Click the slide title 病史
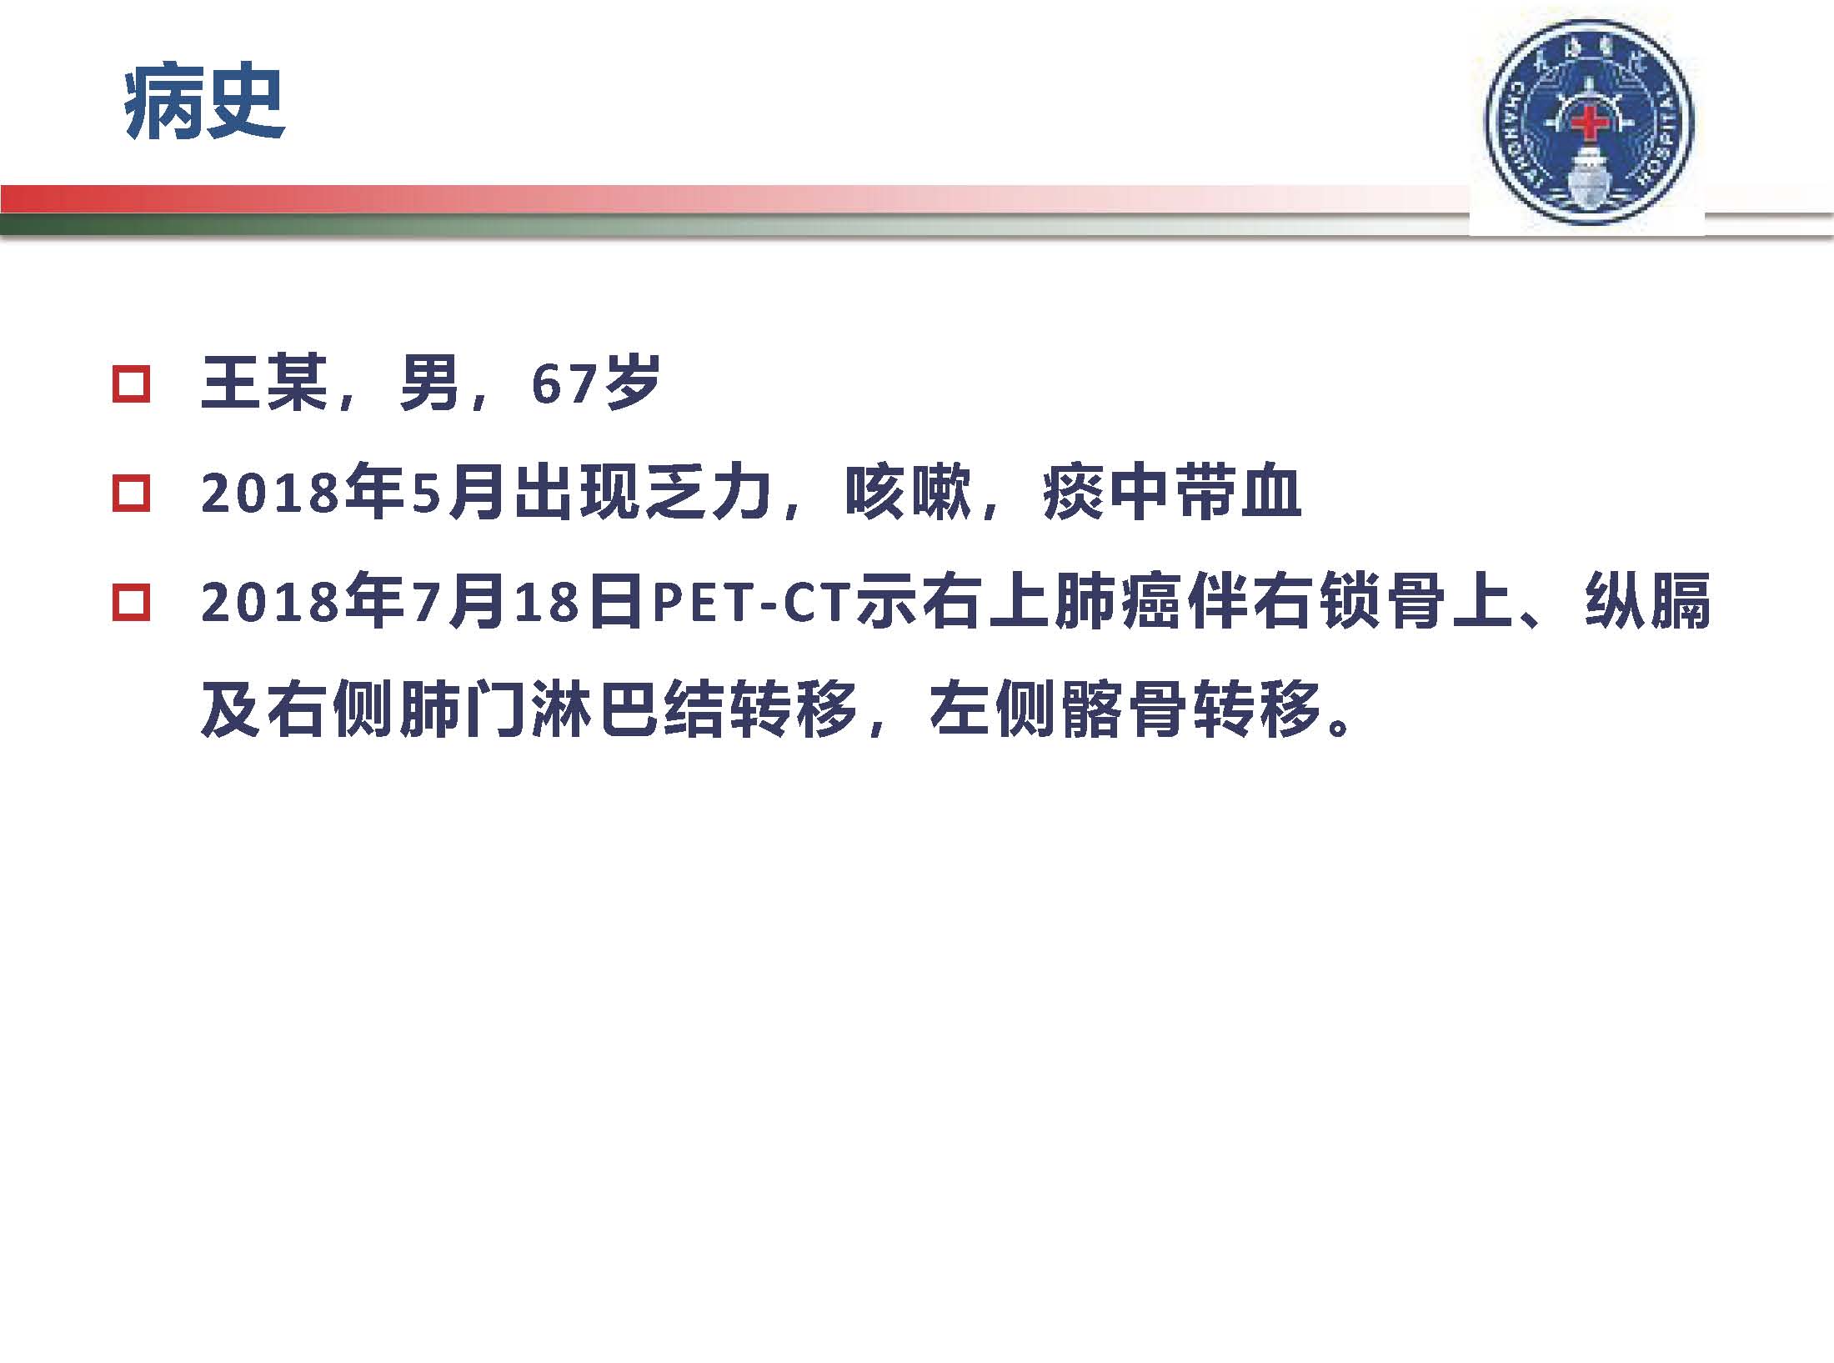(205, 105)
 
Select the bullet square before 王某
(131, 385)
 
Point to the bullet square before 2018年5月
(131, 494)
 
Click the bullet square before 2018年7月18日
(131, 602)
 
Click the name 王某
(263, 384)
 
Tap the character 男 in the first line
(429, 384)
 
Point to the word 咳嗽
(909, 493)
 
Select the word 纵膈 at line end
(1647, 601)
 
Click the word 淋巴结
(629, 709)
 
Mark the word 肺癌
(1120, 601)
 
